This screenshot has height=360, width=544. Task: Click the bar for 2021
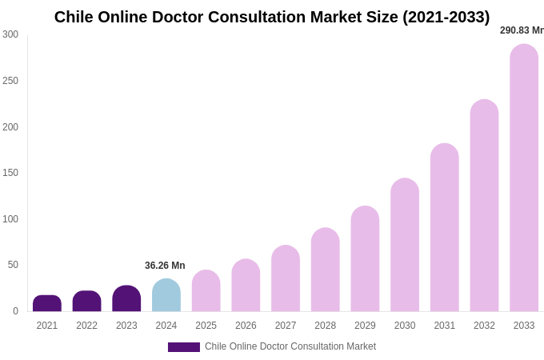(x=47, y=303)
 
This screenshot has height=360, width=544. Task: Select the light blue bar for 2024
(x=166, y=295)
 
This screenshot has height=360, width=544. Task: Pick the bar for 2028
(x=326, y=270)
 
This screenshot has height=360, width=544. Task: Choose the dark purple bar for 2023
(x=126, y=298)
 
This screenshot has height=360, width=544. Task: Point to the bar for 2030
(x=405, y=245)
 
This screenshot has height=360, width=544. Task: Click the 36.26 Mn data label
(x=165, y=266)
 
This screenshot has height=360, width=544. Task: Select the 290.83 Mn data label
(x=522, y=30)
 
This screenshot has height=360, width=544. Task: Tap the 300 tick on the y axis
(x=10, y=34)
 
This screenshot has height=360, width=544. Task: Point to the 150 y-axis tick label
(x=10, y=173)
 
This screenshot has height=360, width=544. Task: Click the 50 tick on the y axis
(x=13, y=265)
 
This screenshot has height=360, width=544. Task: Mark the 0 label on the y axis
(x=15, y=311)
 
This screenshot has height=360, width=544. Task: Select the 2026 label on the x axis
(x=246, y=326)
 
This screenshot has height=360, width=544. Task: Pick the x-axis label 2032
(x=484, y=326)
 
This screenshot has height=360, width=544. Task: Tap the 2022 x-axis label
(x=87, y=326)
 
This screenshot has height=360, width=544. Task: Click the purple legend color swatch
(x=184, y=347)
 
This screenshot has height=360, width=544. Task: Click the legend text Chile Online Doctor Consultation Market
(x=290, y=346)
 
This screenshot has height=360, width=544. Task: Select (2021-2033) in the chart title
(x=446, y=17)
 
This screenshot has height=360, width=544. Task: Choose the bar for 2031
(x=445, y=227)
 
